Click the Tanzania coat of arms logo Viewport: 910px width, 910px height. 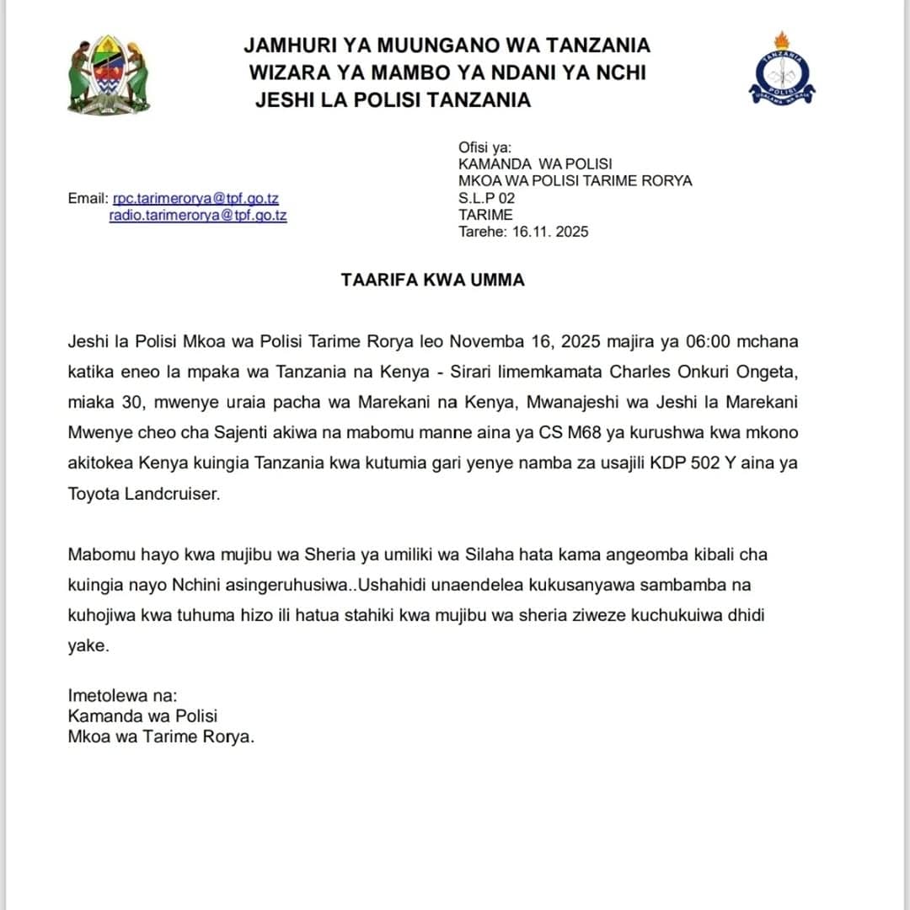[x=109, y=75]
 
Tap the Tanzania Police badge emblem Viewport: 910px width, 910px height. [x=781, y=71]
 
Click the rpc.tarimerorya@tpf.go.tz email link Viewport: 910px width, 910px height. [x=195, y=199]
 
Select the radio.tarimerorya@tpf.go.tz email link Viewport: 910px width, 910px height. [x=198, y=215]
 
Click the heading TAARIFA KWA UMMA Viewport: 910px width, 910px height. [x=432, y=280]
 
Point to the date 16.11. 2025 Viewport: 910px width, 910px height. [x=550, y=231]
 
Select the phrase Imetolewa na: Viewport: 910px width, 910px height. [x=123, y=696]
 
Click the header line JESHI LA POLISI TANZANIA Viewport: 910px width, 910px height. [x=393, y=100]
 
